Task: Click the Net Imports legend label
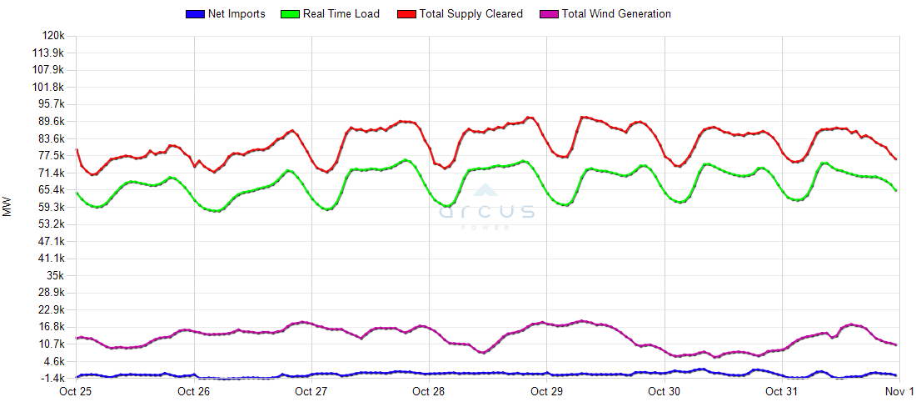click(236, 14)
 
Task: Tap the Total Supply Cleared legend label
click(471, 14)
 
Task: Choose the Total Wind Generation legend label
click(616, 14)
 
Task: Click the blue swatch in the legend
click(194, 14)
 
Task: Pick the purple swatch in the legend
click(549, 14)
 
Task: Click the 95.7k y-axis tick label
click(51, 104)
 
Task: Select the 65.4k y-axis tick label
click(51, 190)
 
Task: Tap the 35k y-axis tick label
click(55, 275)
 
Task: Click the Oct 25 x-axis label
click(77, 391)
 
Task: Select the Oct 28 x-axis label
click(429, 391)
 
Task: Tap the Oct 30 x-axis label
click(664, 391)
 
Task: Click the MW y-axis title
click(7, 207)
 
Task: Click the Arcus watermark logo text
click(487, 212)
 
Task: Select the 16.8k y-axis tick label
click(51, 327)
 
